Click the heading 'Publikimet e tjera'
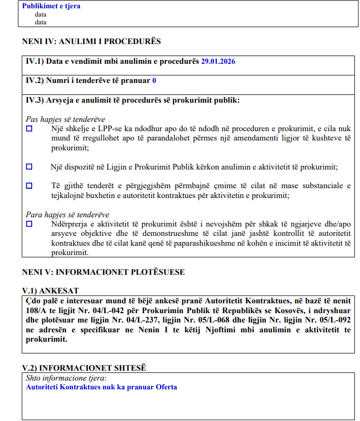point(51,7)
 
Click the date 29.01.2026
point(218,61)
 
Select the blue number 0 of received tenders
point(154,81)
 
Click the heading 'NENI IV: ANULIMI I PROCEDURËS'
point(92,41)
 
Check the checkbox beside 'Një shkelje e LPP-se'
point(29,128)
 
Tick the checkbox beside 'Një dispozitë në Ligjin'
point(29,166)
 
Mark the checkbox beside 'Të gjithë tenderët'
point(29,186)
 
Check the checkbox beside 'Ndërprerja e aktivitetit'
point(29,224)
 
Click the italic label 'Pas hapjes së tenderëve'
point(65,119)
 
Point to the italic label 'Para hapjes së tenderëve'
point(67,215)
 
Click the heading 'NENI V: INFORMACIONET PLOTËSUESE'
point(103,272)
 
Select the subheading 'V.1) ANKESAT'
point(50,291)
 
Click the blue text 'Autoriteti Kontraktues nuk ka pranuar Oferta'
point(102,387)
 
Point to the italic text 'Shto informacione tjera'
point(65,378)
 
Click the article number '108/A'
point(35,310)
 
